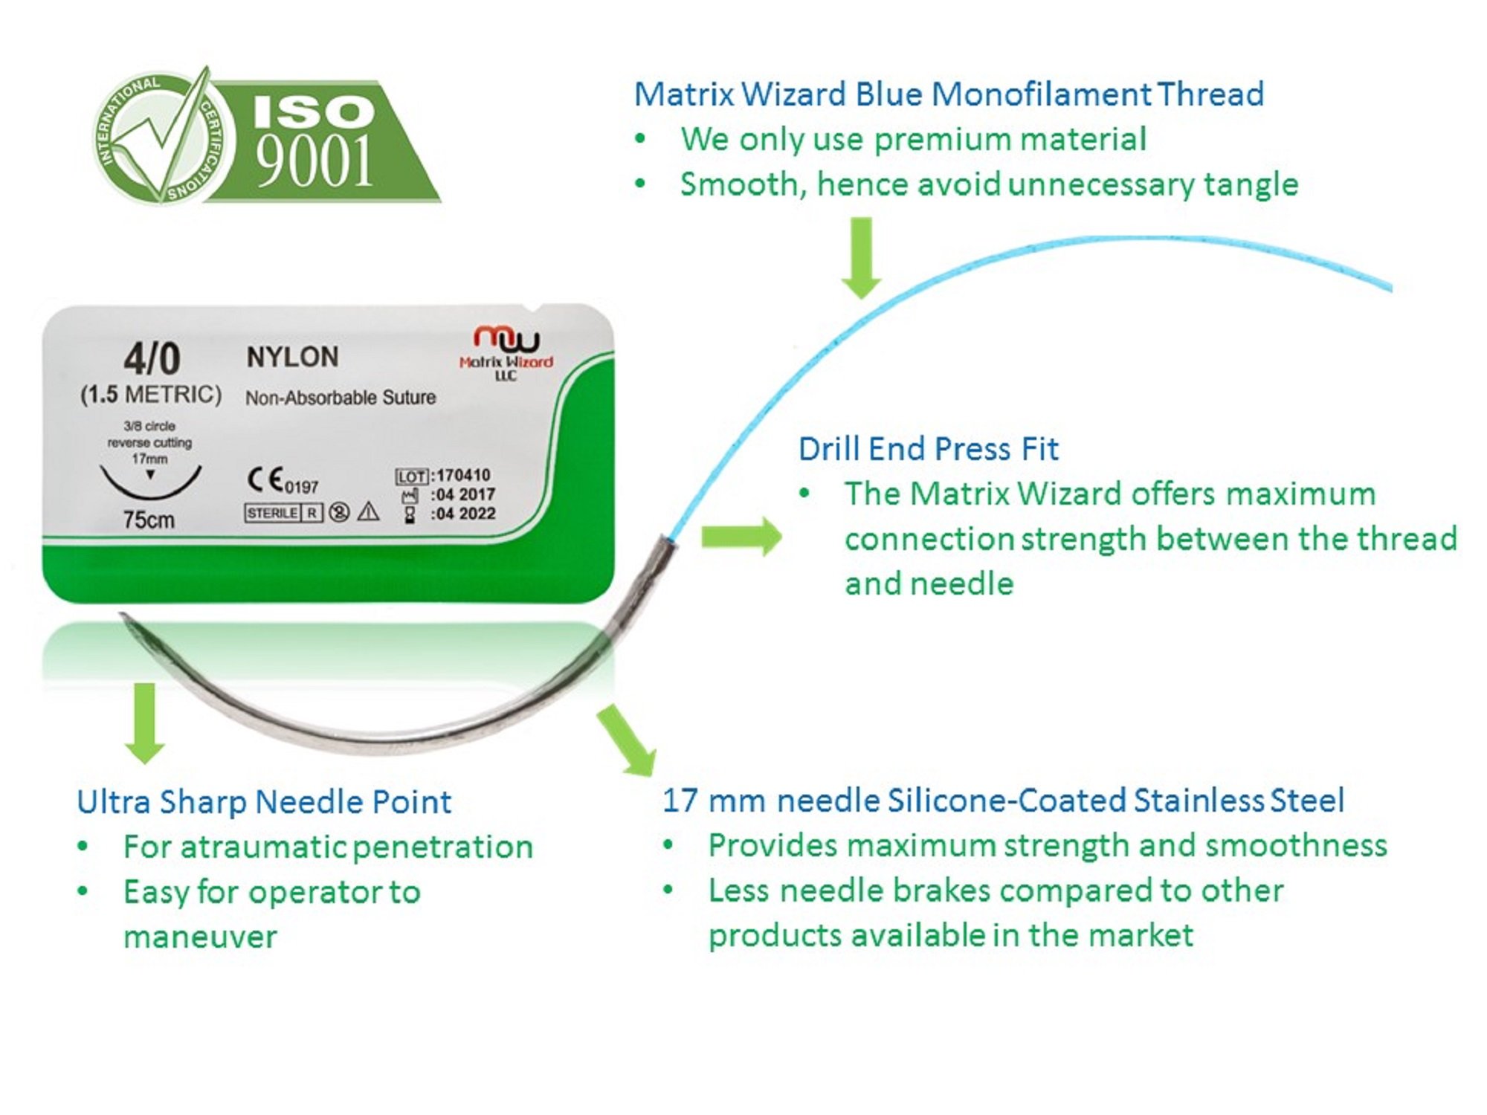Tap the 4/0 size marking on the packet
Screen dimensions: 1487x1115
[x=152, y=359]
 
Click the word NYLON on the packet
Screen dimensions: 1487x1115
[x=292, y=357]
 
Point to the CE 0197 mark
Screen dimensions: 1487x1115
[x=283, y=481]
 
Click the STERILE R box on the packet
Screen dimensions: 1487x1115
[x=283, y=513]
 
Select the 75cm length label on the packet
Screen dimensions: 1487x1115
[x=149, y=520]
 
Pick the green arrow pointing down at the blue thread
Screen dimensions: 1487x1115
[x=861, y=257]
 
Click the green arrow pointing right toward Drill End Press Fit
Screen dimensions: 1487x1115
[x=741, y=536]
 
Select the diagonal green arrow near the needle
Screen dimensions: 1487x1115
[x=626, y=740]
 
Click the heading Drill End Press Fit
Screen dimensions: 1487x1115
[x=928, y=449]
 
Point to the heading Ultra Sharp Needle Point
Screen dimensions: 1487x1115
[x=264, y=802]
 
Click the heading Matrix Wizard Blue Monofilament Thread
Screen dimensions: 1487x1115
[x=949, y=94]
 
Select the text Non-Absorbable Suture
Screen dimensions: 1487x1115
[x=341, y=398]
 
